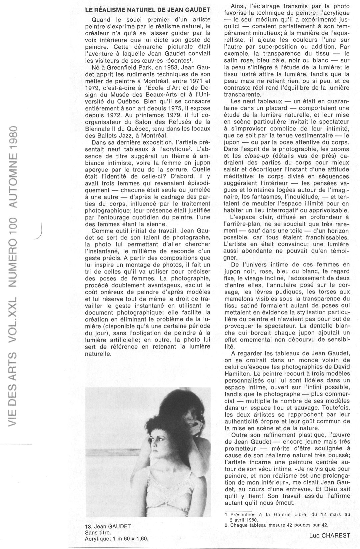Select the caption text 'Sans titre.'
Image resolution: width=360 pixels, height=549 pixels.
[98, 532]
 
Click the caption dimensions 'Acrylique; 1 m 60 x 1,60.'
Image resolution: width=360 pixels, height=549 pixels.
[116, 539]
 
